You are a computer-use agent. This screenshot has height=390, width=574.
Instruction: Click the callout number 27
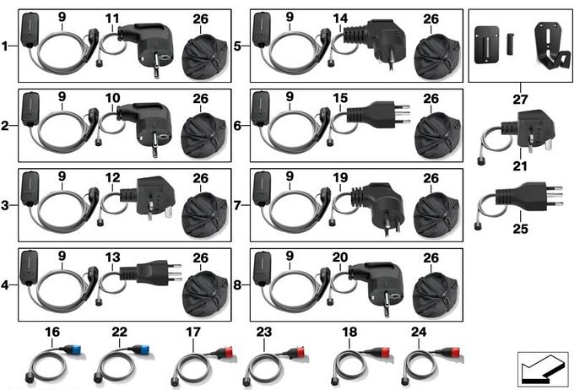pyautogui.click(x=520, y=100)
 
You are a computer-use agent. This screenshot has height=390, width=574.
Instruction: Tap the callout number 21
pyautogui.click(x=520, y=166)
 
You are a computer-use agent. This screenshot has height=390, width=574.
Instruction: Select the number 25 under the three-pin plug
pyautogui.click(x=520, y=229)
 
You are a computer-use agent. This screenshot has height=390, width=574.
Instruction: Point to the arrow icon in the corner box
pyautogui.click(x=543, y=370)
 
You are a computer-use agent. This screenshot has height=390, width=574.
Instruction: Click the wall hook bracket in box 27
pyautogui.click(x=552, y=47)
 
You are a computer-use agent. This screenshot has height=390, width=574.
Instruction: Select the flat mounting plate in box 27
pyautogui.click(x=486, y=45)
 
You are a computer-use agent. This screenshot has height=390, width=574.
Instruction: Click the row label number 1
pyautogui.click(x=4, y=46)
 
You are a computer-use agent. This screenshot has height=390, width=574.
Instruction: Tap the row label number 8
pyautogui.click(x=237, y=284)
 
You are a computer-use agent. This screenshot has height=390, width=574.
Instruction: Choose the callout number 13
pyautogui.click(x=112, y=257)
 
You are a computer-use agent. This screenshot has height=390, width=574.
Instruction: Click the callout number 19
pyautogui.click(x=340, y=177)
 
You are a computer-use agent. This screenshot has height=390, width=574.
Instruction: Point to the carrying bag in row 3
pyautogui.click(x=204, y=216)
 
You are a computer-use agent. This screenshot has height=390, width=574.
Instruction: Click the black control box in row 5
pyautogui.click(x=262, y=30)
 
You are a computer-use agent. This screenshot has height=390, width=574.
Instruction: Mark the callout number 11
pyautogui.click(x=112, y=19)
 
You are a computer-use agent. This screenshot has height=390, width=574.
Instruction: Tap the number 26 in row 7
pyautogui.click(x=430, y=178)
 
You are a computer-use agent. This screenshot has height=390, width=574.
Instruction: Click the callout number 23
pyautogui.click(x=263, y=332)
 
